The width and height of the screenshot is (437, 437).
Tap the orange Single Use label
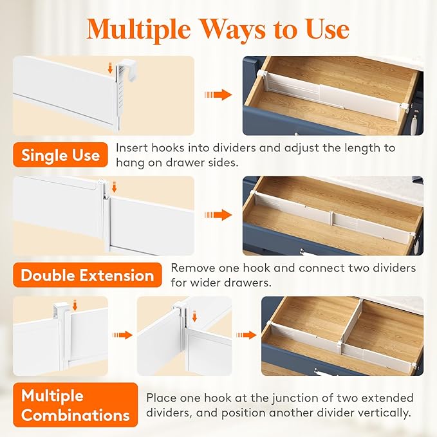click(x=60, y=155)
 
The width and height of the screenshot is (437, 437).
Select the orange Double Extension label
click(x=87, y=275)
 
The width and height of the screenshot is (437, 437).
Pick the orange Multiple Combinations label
click(x=75, y=405)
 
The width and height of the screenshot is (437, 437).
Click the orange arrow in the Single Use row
click(x=218, y=95)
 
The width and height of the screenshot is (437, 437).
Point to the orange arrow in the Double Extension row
click(x=218, y=215)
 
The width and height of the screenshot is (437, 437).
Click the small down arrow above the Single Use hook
click(x=111, y=66)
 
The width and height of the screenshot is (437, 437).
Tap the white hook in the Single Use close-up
click(x=120, y=90)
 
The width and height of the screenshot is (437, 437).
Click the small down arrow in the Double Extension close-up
click(x=114, y=187)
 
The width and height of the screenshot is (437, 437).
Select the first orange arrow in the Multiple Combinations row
click(x=122, y=335)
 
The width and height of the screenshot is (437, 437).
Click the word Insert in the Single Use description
click(x=131, y=148)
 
